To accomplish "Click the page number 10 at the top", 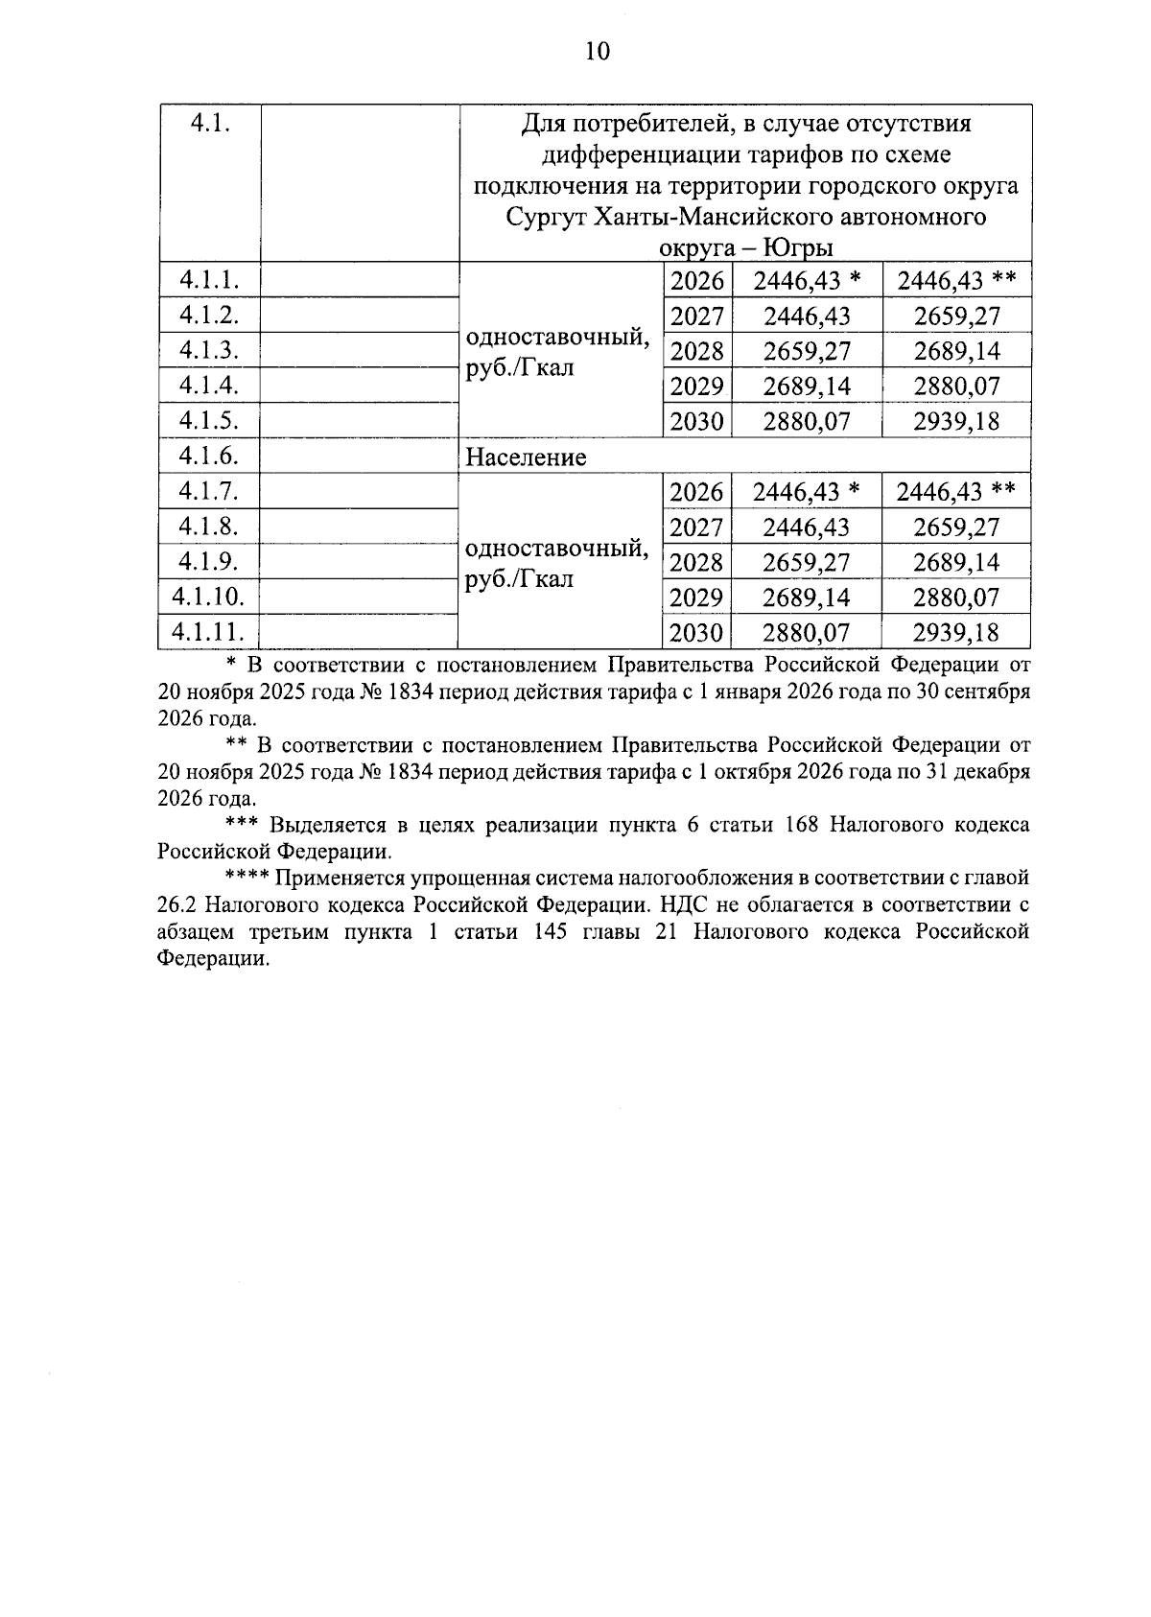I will pyautogui.click(x=597, y=51).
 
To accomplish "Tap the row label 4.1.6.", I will pyautogui.click(x=208, y=456).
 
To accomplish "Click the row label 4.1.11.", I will pyautogui.click(x=208, y=632).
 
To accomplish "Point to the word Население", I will pyautogui.click(x=526, y=457).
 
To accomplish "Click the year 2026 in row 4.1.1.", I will pyautogui.click(x=696, y=281).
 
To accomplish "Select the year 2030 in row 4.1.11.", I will pyautogui.click(x=696, y=633).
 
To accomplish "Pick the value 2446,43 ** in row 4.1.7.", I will pyautogui.click(x=955, y=492).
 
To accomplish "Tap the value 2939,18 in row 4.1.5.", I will pyautogui.click(x=955, y=421).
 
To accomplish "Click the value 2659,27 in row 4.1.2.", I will pyautogui.click(x=955, y=316).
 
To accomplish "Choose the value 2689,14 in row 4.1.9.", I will pyautogui.click(x=955, y=562).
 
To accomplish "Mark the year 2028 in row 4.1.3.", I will pyautogui.click(x=696, y=351).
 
